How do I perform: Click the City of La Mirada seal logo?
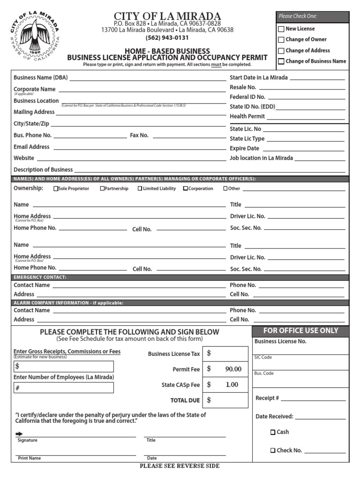pyautogui.click(x=35, y=35)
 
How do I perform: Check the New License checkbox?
pyautogui.click(x=281, y=29)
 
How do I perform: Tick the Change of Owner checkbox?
pyautogui.click(x=281, y=40)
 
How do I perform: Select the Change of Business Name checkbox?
pyautogui.click(x=281, y=61)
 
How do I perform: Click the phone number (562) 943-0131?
pyautogui.click(x=167, y=38)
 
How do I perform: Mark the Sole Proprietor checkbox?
pyautogui.click(x=56, y=189)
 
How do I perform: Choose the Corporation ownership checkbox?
pyautogui.click(x=186, y=189)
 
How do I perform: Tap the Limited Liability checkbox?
pyautogui.click(x=140, y=189)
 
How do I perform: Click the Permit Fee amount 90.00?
pyautogui.click(x=233, y=369)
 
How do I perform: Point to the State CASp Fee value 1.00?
pyautogui.click(x=232, y=385)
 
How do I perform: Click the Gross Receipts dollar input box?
pyautogui.click(x=63, y=366)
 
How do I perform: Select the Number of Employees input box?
pyautogui.click(x=63, y=388)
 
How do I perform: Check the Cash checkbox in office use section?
pyautogui.click(x=273, y=433)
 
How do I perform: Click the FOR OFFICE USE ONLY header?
pyautogui.click(x=300, y=330)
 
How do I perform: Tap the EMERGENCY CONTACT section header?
pyautogui.click(x=40, y=277)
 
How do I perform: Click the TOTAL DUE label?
pyautogui.click(x=185, y=401)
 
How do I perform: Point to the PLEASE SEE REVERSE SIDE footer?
pyautogui.click(x=180, y=466)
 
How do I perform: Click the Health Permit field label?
pyautogui.click(x=247, y=116)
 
